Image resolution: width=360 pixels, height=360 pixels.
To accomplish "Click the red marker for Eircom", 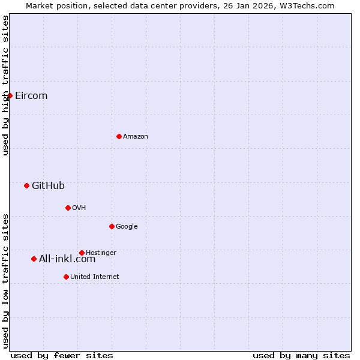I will click(x=10, y=95).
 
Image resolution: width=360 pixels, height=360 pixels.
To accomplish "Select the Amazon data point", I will click(x=119, y=136).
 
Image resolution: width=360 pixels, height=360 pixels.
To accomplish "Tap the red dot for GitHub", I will click(x=26, y=185).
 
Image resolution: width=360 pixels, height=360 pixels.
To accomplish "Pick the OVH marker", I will click(x=68, y=208).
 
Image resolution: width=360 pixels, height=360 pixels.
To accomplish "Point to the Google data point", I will click(x=112, y=226).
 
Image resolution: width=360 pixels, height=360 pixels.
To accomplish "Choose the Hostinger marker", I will click(x=82, y=253).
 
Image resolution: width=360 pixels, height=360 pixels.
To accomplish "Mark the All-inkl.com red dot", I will click(x=34, y=259).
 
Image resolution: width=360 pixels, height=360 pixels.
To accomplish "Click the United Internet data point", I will click(x=66, y=277).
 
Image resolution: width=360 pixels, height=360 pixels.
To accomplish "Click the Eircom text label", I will click(x=31, y=96).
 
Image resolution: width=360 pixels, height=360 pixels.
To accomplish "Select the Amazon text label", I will click(x=136, y=137).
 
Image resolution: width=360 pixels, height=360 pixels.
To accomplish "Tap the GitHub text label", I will click(x=48, y=186).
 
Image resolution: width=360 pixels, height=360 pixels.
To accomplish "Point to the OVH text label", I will click(x=79, y=208).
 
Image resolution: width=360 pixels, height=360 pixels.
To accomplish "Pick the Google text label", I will click(x=127, y=227).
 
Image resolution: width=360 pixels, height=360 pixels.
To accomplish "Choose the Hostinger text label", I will click(x=101, y=253).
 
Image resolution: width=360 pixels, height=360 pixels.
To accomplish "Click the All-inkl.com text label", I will click(x=67, y=259).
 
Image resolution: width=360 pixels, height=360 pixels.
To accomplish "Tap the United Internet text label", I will click(x=95, y=277).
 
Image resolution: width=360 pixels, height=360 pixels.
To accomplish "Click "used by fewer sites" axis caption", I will click(x=62, y=355).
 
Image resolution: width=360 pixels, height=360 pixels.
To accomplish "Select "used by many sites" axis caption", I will click(x=301, y=355).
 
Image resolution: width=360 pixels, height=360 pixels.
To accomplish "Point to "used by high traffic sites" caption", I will click(x=6, y=85).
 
